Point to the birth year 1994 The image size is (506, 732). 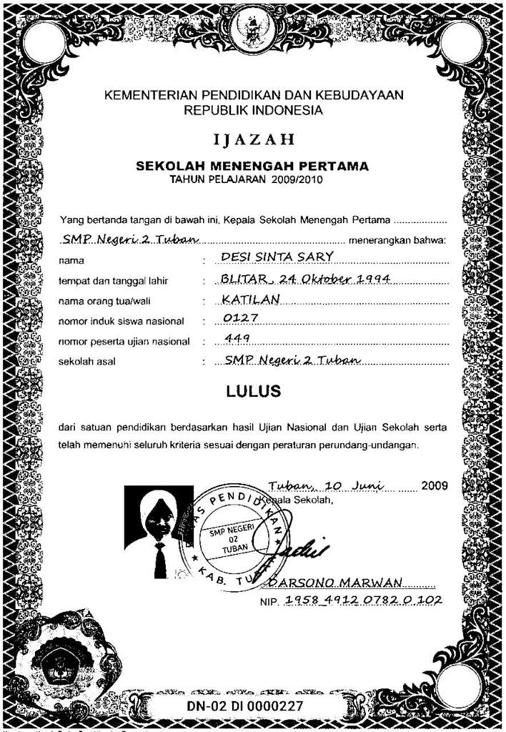372,277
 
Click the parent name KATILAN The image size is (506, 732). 249,297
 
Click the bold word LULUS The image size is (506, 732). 253,392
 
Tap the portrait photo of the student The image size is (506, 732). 159,530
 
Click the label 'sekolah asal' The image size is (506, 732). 86,362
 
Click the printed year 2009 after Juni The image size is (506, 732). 435,485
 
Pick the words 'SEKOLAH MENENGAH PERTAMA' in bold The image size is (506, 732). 252,167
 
